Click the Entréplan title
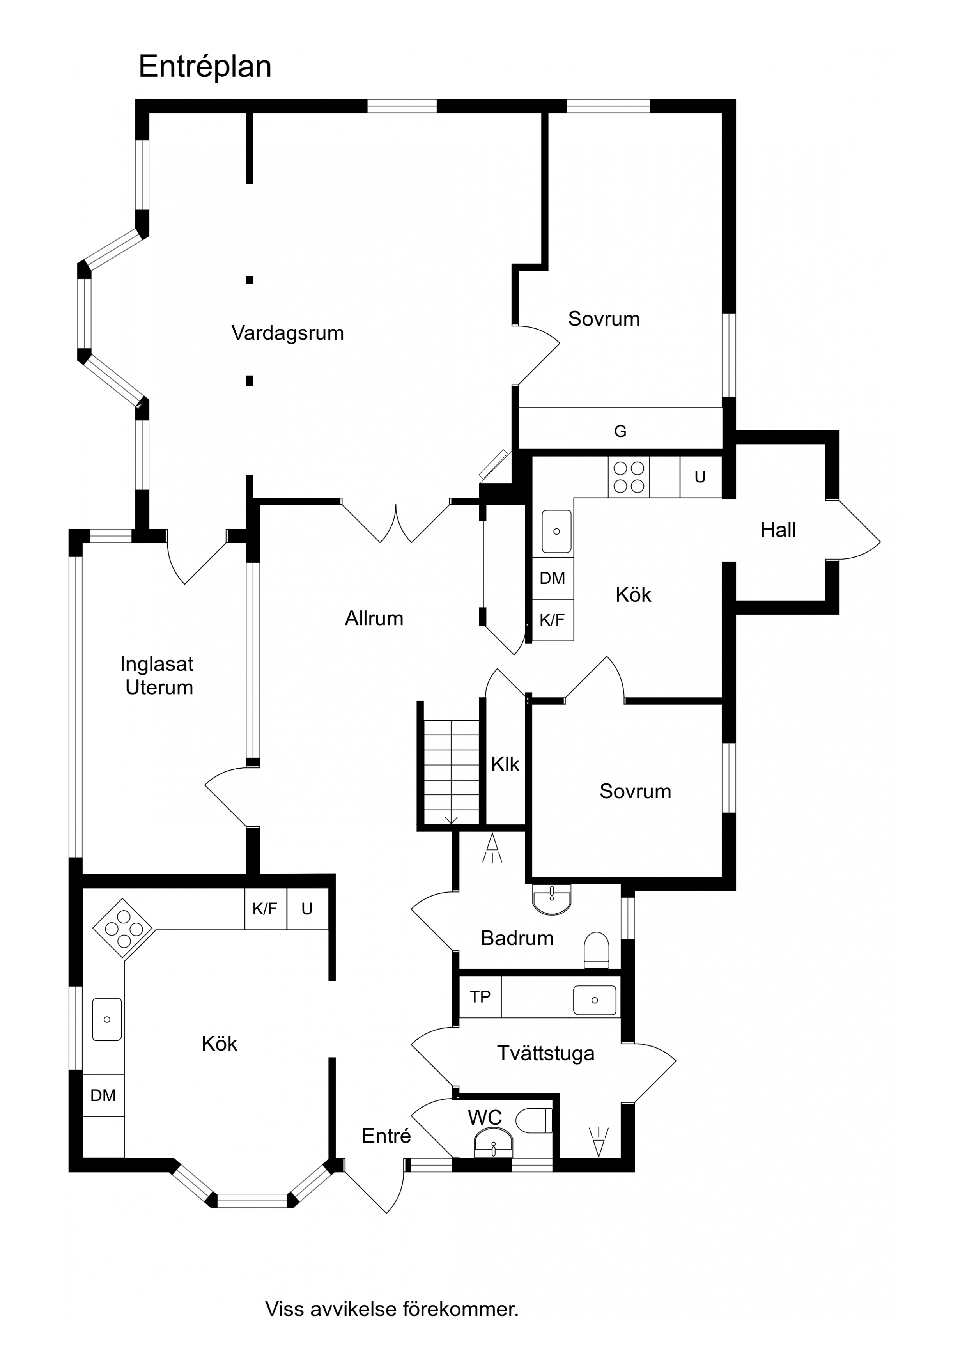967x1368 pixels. tap(205, 67)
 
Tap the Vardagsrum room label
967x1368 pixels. tap(288, 333)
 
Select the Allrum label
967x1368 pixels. tap(374, 618)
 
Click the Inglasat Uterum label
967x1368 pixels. tap(157, 676)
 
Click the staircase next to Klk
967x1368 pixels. tap(451, 772)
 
